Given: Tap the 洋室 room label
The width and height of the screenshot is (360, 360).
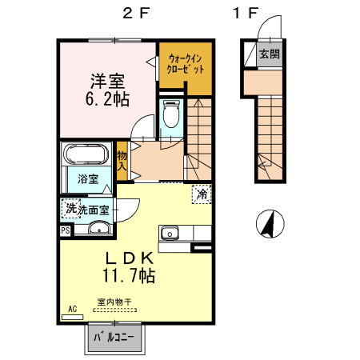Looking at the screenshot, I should [106, 81].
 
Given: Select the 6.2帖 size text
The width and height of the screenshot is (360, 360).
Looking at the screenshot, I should [106, 99].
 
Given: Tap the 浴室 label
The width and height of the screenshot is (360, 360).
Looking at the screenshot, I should [88, 179].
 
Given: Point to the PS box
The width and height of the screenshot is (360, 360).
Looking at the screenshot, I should [65, 230].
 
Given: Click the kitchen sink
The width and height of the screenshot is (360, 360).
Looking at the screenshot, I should [170, 234].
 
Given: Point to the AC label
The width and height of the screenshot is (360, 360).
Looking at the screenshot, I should [72, 308].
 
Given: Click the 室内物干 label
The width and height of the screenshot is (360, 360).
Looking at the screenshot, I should [114, 302].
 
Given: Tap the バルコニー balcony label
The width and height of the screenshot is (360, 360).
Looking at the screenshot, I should [114, 338].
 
